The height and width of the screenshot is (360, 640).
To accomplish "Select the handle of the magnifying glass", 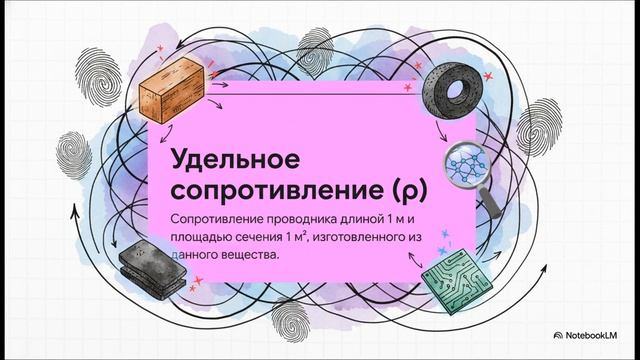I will point(493,190).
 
